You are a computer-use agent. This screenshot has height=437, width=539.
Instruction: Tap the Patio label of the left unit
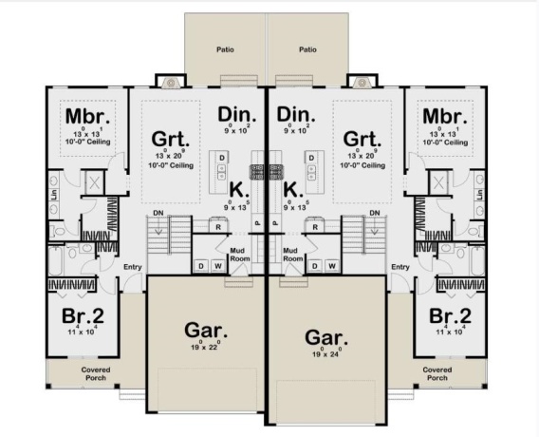coord(224,49)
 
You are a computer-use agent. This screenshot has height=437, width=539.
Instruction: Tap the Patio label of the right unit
coord(307,49)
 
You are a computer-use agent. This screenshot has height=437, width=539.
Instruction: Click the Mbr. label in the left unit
coord(84,117)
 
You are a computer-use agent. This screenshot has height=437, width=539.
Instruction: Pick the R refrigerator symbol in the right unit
coord(313,227)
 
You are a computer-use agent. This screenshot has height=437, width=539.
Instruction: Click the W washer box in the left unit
coord(217,265)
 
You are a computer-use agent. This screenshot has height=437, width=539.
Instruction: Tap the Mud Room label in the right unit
coord(292,254)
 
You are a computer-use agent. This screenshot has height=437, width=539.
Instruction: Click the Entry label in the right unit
coord(400,267)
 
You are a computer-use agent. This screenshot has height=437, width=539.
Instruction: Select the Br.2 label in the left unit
coord(84,316)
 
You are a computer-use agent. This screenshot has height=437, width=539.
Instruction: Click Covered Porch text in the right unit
coord(437,373)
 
